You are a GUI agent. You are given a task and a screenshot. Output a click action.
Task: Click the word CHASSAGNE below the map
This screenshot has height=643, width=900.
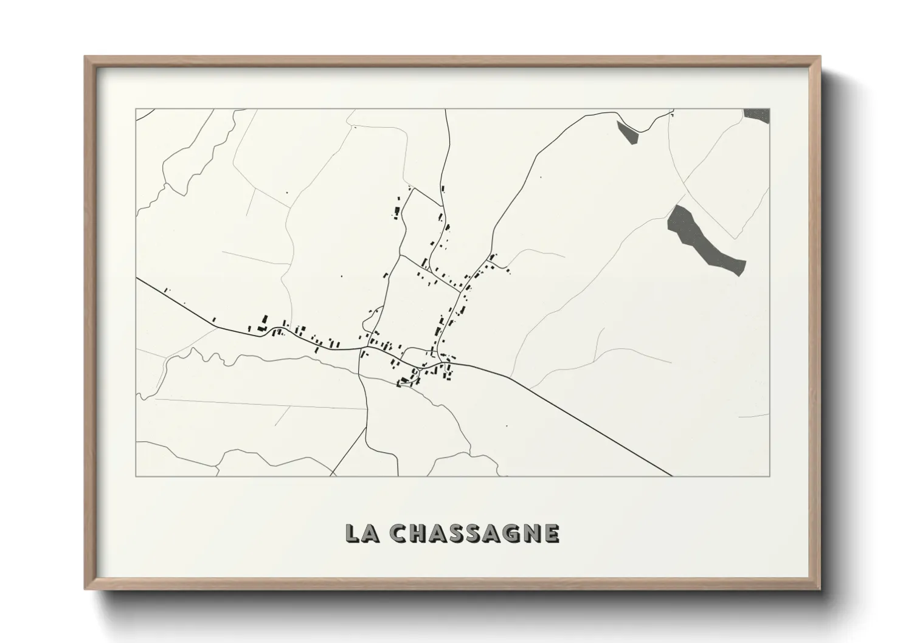point(474,533)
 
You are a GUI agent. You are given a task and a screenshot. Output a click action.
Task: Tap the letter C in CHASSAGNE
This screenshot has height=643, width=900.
point(399,533)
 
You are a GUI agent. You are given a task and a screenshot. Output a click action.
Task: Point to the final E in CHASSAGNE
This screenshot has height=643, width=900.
point(552,533)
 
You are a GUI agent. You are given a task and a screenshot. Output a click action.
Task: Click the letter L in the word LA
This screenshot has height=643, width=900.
point(352,533)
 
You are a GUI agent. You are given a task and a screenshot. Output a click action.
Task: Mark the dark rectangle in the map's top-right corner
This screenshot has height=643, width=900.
point(757,115)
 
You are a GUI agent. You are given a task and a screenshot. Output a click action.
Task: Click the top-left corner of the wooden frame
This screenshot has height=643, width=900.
point(85,57)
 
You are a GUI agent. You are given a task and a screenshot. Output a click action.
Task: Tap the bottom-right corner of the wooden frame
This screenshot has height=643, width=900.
point(820,589)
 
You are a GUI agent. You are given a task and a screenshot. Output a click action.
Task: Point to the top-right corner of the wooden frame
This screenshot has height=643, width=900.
point(820,57)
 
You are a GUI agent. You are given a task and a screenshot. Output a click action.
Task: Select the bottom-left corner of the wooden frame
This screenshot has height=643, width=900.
point(85,589)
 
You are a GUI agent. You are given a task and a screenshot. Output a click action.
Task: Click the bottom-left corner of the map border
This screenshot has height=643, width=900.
point(136,476)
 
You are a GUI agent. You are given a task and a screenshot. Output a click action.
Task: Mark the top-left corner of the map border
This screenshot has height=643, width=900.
point(136,109)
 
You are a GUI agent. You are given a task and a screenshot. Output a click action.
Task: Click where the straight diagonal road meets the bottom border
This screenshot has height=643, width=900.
point(672,476)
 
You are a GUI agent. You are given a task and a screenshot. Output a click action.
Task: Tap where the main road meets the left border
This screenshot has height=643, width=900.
point(136,278)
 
